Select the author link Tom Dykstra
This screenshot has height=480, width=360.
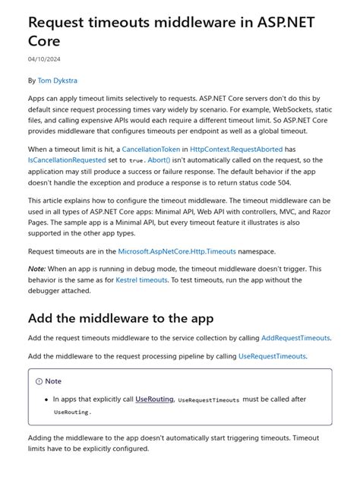coord(58,80)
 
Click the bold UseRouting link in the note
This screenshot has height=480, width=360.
coord(155,399)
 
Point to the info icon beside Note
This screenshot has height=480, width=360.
coord(39,381)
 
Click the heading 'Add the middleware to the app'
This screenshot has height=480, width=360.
coord(121,317)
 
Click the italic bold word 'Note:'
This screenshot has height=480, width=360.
coord(37,270)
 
